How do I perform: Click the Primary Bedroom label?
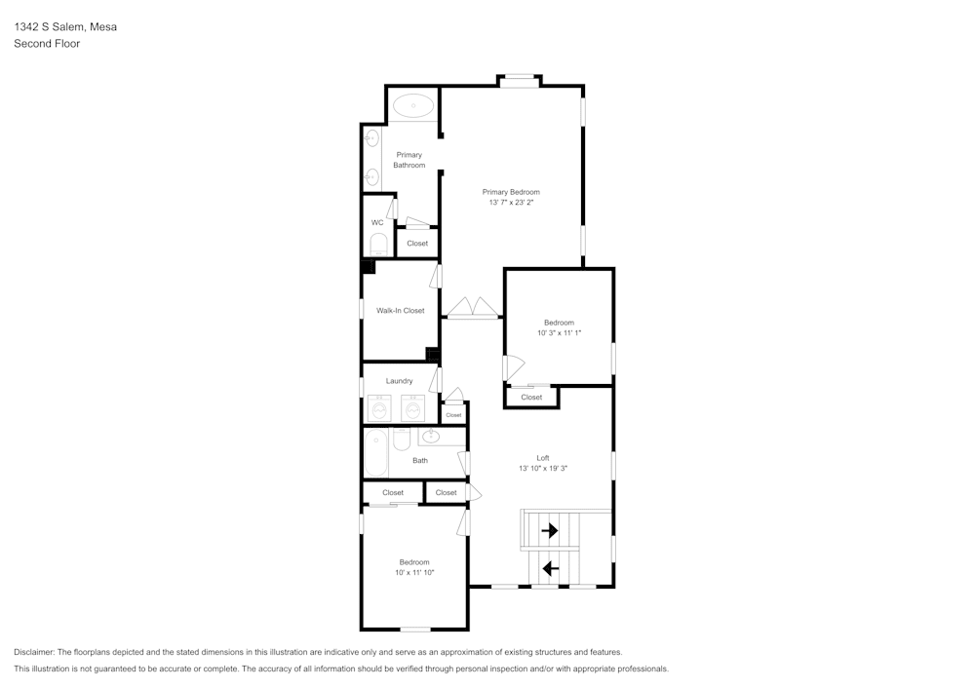510,192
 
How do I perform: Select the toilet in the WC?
379,244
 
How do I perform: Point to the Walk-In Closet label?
401,311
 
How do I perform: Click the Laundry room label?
399,381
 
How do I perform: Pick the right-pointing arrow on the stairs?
550,531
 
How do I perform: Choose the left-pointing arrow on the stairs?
550,568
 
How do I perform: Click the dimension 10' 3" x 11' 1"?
559,333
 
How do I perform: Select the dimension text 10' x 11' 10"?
414,573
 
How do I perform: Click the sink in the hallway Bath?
430,437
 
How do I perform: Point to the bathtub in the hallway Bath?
376,453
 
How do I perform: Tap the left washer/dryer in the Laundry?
379,408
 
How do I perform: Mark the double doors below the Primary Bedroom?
473,309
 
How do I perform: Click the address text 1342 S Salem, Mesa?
65,27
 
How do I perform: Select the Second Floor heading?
47,44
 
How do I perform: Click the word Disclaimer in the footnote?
34,652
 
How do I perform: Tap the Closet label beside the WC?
417,244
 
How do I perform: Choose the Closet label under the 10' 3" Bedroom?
531,398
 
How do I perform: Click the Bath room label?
420,461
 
